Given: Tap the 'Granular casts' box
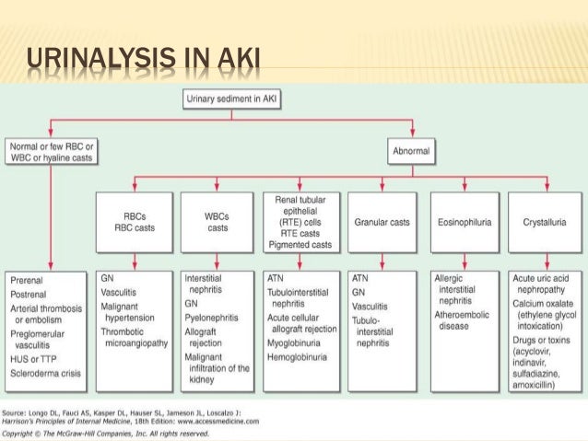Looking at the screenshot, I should [382, 221].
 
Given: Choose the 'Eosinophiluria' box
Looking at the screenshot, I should [464, 221].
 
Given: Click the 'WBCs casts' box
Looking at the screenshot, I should [218, 222].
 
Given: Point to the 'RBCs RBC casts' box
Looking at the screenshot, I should [135, 222].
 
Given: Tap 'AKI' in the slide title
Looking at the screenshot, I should [238, 64].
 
